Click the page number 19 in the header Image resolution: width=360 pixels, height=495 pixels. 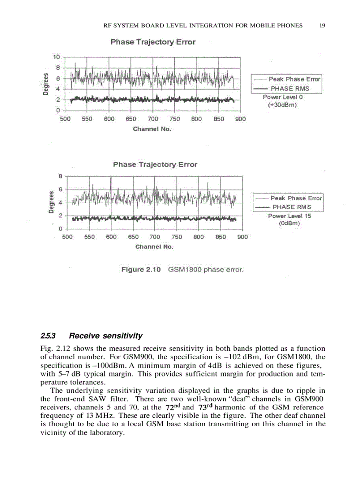[x=322, y=26]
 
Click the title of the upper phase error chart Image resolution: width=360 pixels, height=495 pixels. [x=153, y=42]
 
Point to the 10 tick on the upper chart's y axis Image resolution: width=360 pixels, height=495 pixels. [x=56, y=57]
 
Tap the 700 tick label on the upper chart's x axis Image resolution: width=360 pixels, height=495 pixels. [x=153, y=119]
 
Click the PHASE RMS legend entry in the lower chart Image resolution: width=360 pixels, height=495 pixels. [x=292, y=207]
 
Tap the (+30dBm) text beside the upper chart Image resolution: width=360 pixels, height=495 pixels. [x=282, y=105]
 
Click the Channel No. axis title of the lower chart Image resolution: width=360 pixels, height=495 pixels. [x=154, y=247]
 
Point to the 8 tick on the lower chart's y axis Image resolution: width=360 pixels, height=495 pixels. [x=60, y=176]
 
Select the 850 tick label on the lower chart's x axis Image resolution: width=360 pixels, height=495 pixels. [x=221, y=237]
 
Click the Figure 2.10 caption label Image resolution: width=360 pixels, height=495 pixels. [x=141, y=269]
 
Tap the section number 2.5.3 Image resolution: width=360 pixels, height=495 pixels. [x=48, y=336]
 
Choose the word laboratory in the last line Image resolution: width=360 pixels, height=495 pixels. [x=104, y=433]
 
